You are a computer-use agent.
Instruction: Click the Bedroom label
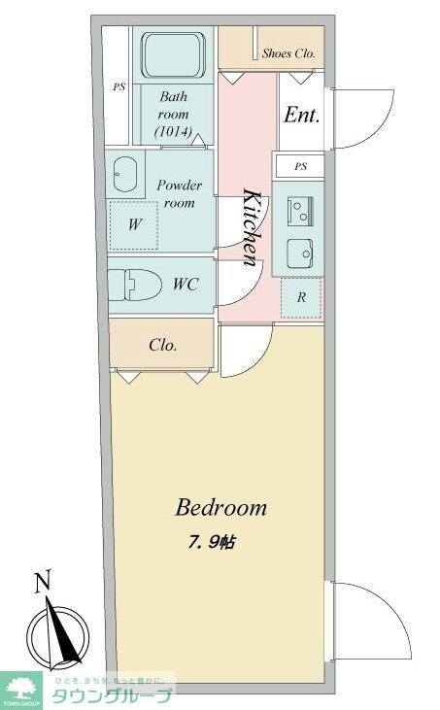click(x=220, y=507)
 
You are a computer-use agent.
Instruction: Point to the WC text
click(x=186, y=286)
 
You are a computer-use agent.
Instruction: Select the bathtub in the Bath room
click(x=172, y=57)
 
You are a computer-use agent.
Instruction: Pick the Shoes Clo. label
click(x=288, y=54)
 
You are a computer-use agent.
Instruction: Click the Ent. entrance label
click(x=301, y=115)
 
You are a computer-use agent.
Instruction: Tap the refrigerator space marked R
click(x=301, y=298)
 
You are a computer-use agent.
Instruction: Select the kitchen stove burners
click(x=299, y=207)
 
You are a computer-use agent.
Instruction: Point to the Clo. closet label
click(x=162, y=345)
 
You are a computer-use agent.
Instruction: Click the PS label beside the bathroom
click(x=118, y=86)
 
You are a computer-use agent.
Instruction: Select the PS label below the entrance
click(x=301, y=166)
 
